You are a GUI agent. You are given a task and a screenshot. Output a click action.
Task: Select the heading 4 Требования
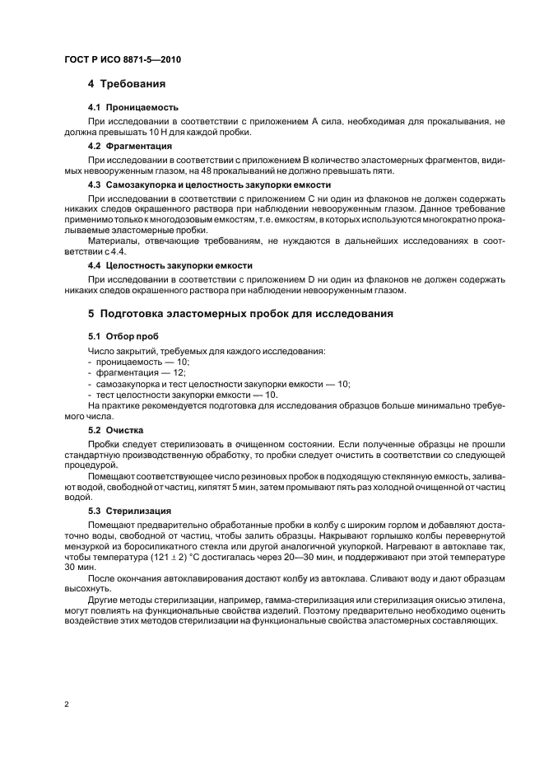(x=128, y=84)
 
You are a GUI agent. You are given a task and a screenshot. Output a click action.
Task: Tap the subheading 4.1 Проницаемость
(x=133, y=107)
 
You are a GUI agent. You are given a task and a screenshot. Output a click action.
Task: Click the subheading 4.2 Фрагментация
(x=130, y=146)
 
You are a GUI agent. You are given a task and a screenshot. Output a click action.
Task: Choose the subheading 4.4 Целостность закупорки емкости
(x=170, y=265)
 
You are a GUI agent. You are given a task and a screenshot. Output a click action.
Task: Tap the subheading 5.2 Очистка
(x=116, y=430)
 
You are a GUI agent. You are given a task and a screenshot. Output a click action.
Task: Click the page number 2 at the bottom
(x=66, y=704)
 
